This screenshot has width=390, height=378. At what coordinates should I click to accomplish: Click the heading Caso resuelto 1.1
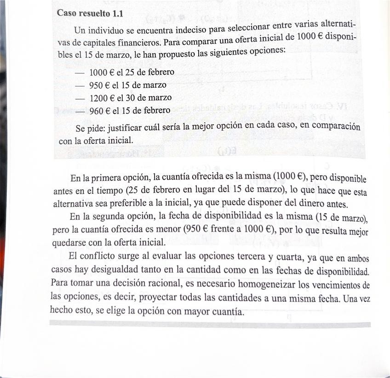[x=90, y=13]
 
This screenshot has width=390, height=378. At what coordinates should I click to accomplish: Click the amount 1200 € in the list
[x=102, y=98]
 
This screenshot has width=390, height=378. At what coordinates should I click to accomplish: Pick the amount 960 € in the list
[x=99, y=111]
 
